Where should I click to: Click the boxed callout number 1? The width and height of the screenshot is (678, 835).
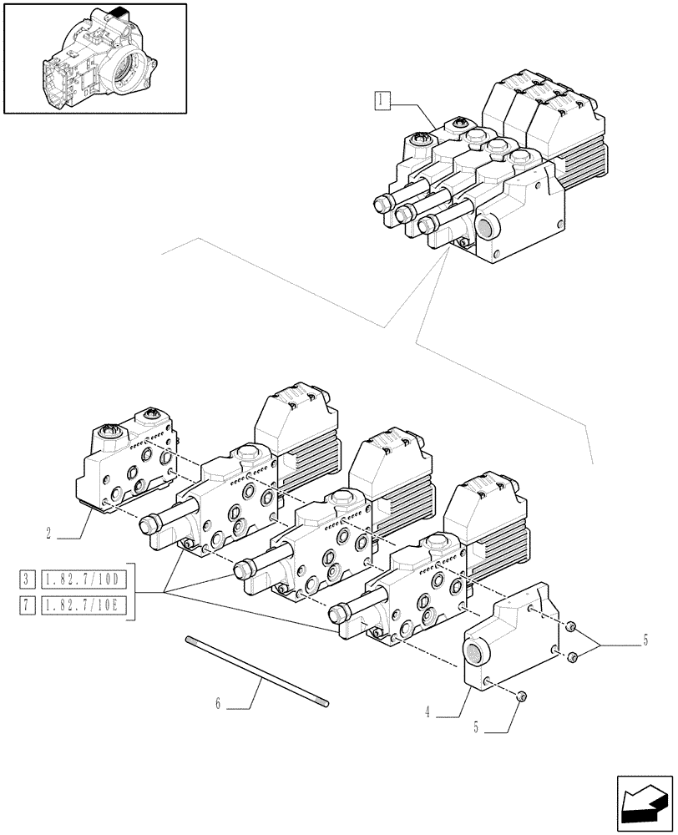point(381,102)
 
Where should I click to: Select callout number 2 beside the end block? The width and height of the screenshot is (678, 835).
point(50,531)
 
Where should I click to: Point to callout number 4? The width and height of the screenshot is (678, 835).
point(428,712)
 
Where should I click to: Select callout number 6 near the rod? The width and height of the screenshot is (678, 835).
point(218,704)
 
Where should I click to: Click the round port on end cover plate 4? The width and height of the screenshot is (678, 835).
point(477,652)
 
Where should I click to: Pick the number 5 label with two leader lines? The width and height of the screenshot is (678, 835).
point(644,641)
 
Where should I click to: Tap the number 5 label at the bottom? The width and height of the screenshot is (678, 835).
point(477,727)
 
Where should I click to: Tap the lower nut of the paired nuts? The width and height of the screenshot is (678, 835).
point(572,659)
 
